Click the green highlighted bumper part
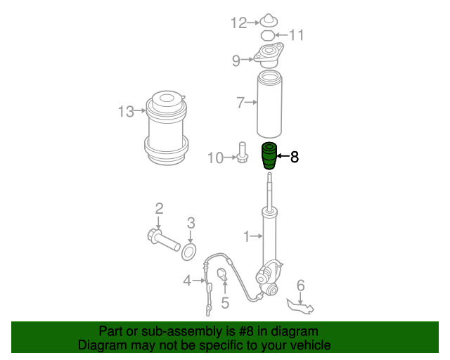point(269,156)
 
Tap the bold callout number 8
point(295,157)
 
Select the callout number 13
point(126,111)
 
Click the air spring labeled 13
point(167,129)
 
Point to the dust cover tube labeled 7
point(269,104)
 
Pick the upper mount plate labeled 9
point(269,56)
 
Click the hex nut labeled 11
point(267,36)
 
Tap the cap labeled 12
point(269,20)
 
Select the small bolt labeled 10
point(243,153)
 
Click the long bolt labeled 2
point(163,240)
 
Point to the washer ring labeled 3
point(189,252)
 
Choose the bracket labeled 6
point(300,306)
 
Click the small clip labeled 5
point(222,274)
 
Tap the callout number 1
point(246,236)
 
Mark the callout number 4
point(187,281)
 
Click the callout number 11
point(296,35)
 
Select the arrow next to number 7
point(251,102)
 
